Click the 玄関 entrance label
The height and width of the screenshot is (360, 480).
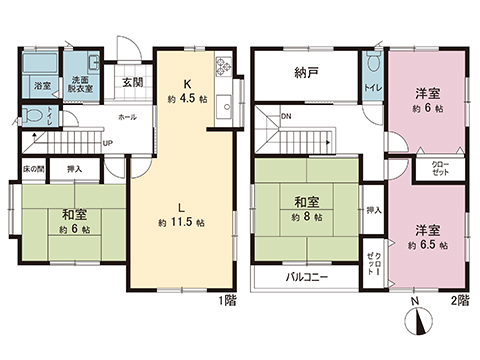point(132,82)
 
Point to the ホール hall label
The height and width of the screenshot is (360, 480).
point(127,117)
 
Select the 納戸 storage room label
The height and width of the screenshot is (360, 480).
point(307,71)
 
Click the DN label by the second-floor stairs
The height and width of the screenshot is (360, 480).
point(287,117)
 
